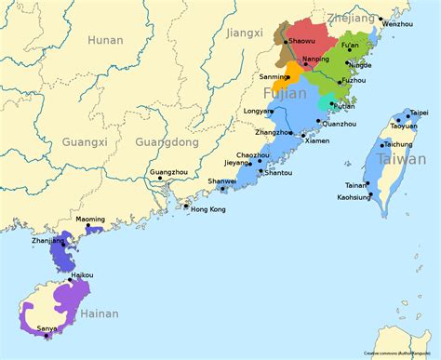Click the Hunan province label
pos(105,40)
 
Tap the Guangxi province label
pos(85,142)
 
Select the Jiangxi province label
pos(245,34)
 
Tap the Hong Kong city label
pos(207,209)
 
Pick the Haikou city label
pos(82,275)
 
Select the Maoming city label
pos(90,220)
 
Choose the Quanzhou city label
pos(341,124)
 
